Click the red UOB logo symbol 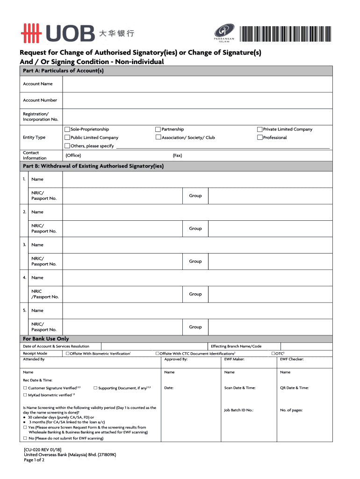point(32,33)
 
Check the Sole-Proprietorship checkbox point(67,129)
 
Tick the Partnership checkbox point(158,129)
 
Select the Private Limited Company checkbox point(260,129)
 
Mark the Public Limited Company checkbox point(67,138)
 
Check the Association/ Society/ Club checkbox point(158,138)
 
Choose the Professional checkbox point(260,138)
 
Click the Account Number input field point(197,100)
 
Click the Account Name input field point(197,84)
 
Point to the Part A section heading point(63,71)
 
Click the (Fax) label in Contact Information point(177,155)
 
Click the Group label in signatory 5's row point(195,327)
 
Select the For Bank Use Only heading point(46,339)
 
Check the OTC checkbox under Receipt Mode point(273,354)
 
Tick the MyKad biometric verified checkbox point(25,395)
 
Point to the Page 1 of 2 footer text point(34,460)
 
